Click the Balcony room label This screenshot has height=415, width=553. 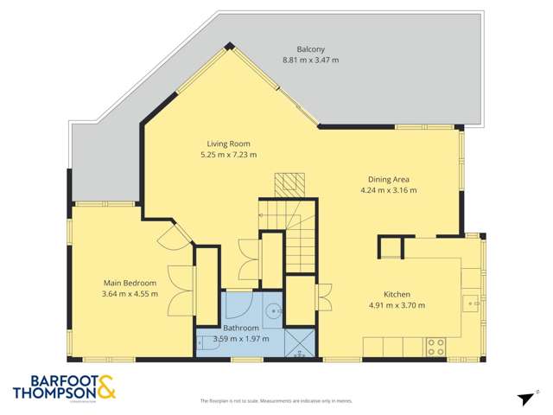297,48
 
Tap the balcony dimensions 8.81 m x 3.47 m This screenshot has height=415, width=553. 297,60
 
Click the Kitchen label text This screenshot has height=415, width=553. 397,293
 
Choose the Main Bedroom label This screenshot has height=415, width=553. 130,283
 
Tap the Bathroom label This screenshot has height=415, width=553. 241,328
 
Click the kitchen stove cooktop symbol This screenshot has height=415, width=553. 435,347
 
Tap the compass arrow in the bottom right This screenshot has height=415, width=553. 524,398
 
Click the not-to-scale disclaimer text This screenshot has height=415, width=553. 276,401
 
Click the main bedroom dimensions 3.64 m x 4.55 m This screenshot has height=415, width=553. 130,294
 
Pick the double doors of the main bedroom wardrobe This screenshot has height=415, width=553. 180,294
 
